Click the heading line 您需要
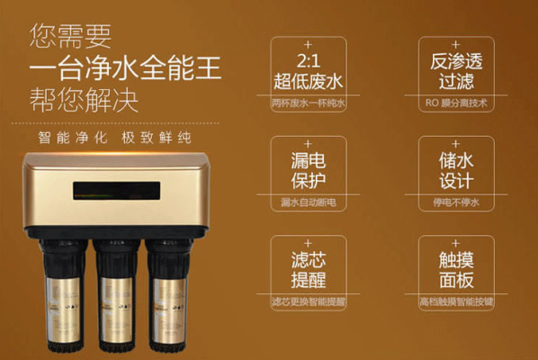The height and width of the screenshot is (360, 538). click(71, 36)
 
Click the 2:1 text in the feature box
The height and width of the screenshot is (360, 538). click(309, 60)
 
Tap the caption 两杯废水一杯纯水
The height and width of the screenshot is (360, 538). click(309, 103)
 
